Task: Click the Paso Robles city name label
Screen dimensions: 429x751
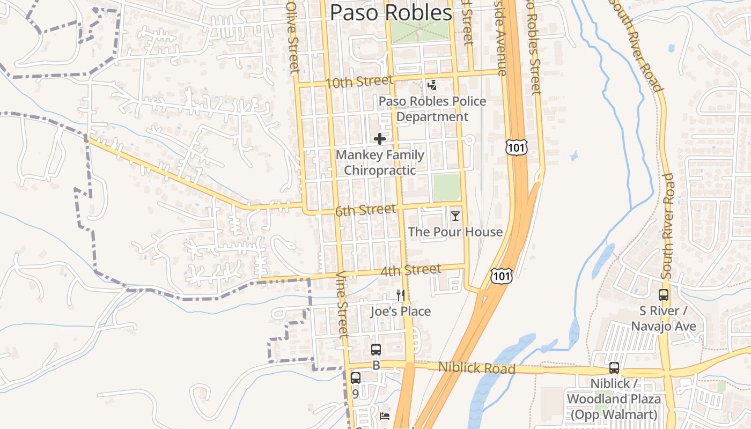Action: point(391,12)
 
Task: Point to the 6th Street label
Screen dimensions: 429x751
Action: point(365,210)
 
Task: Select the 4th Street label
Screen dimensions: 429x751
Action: point(410,270)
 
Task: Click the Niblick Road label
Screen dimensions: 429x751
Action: point(476,368)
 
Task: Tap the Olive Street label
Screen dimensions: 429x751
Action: point(293,38)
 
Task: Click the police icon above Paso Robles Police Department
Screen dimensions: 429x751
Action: point(432,85)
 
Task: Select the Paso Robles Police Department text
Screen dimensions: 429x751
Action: point(432,109)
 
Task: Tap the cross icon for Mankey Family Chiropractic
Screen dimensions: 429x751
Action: point(380,139)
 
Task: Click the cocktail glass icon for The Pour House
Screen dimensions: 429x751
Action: point(455,216)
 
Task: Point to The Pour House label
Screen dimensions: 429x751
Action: point(455,232)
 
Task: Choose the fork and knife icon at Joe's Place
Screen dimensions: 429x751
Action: point(400,295)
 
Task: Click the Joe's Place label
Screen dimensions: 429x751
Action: point(400,311)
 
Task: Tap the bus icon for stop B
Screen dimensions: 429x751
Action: point(376,350)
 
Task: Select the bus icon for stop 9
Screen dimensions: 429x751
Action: point(355,378)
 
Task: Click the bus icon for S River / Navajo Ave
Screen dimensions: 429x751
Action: point(664,295)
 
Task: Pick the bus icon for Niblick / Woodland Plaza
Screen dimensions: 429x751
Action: point(614,368)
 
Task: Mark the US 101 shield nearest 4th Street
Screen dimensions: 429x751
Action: point(501,276)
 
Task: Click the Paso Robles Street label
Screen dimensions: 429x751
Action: point(533,48)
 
